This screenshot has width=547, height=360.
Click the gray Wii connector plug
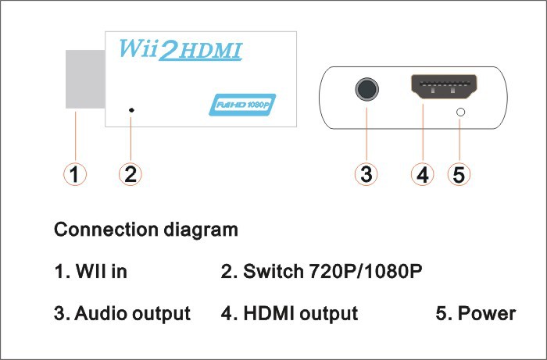click(84, 80)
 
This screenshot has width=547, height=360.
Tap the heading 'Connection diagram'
click(145, 230)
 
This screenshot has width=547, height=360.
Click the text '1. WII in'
click(91, 273)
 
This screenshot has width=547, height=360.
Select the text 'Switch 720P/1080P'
click(333, 273)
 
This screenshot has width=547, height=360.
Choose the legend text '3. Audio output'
click(122, 314)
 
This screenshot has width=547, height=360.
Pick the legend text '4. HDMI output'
click(290, 314)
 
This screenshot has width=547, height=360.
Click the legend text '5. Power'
click(475, 314)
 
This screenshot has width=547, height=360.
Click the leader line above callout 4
click(422, 133)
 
